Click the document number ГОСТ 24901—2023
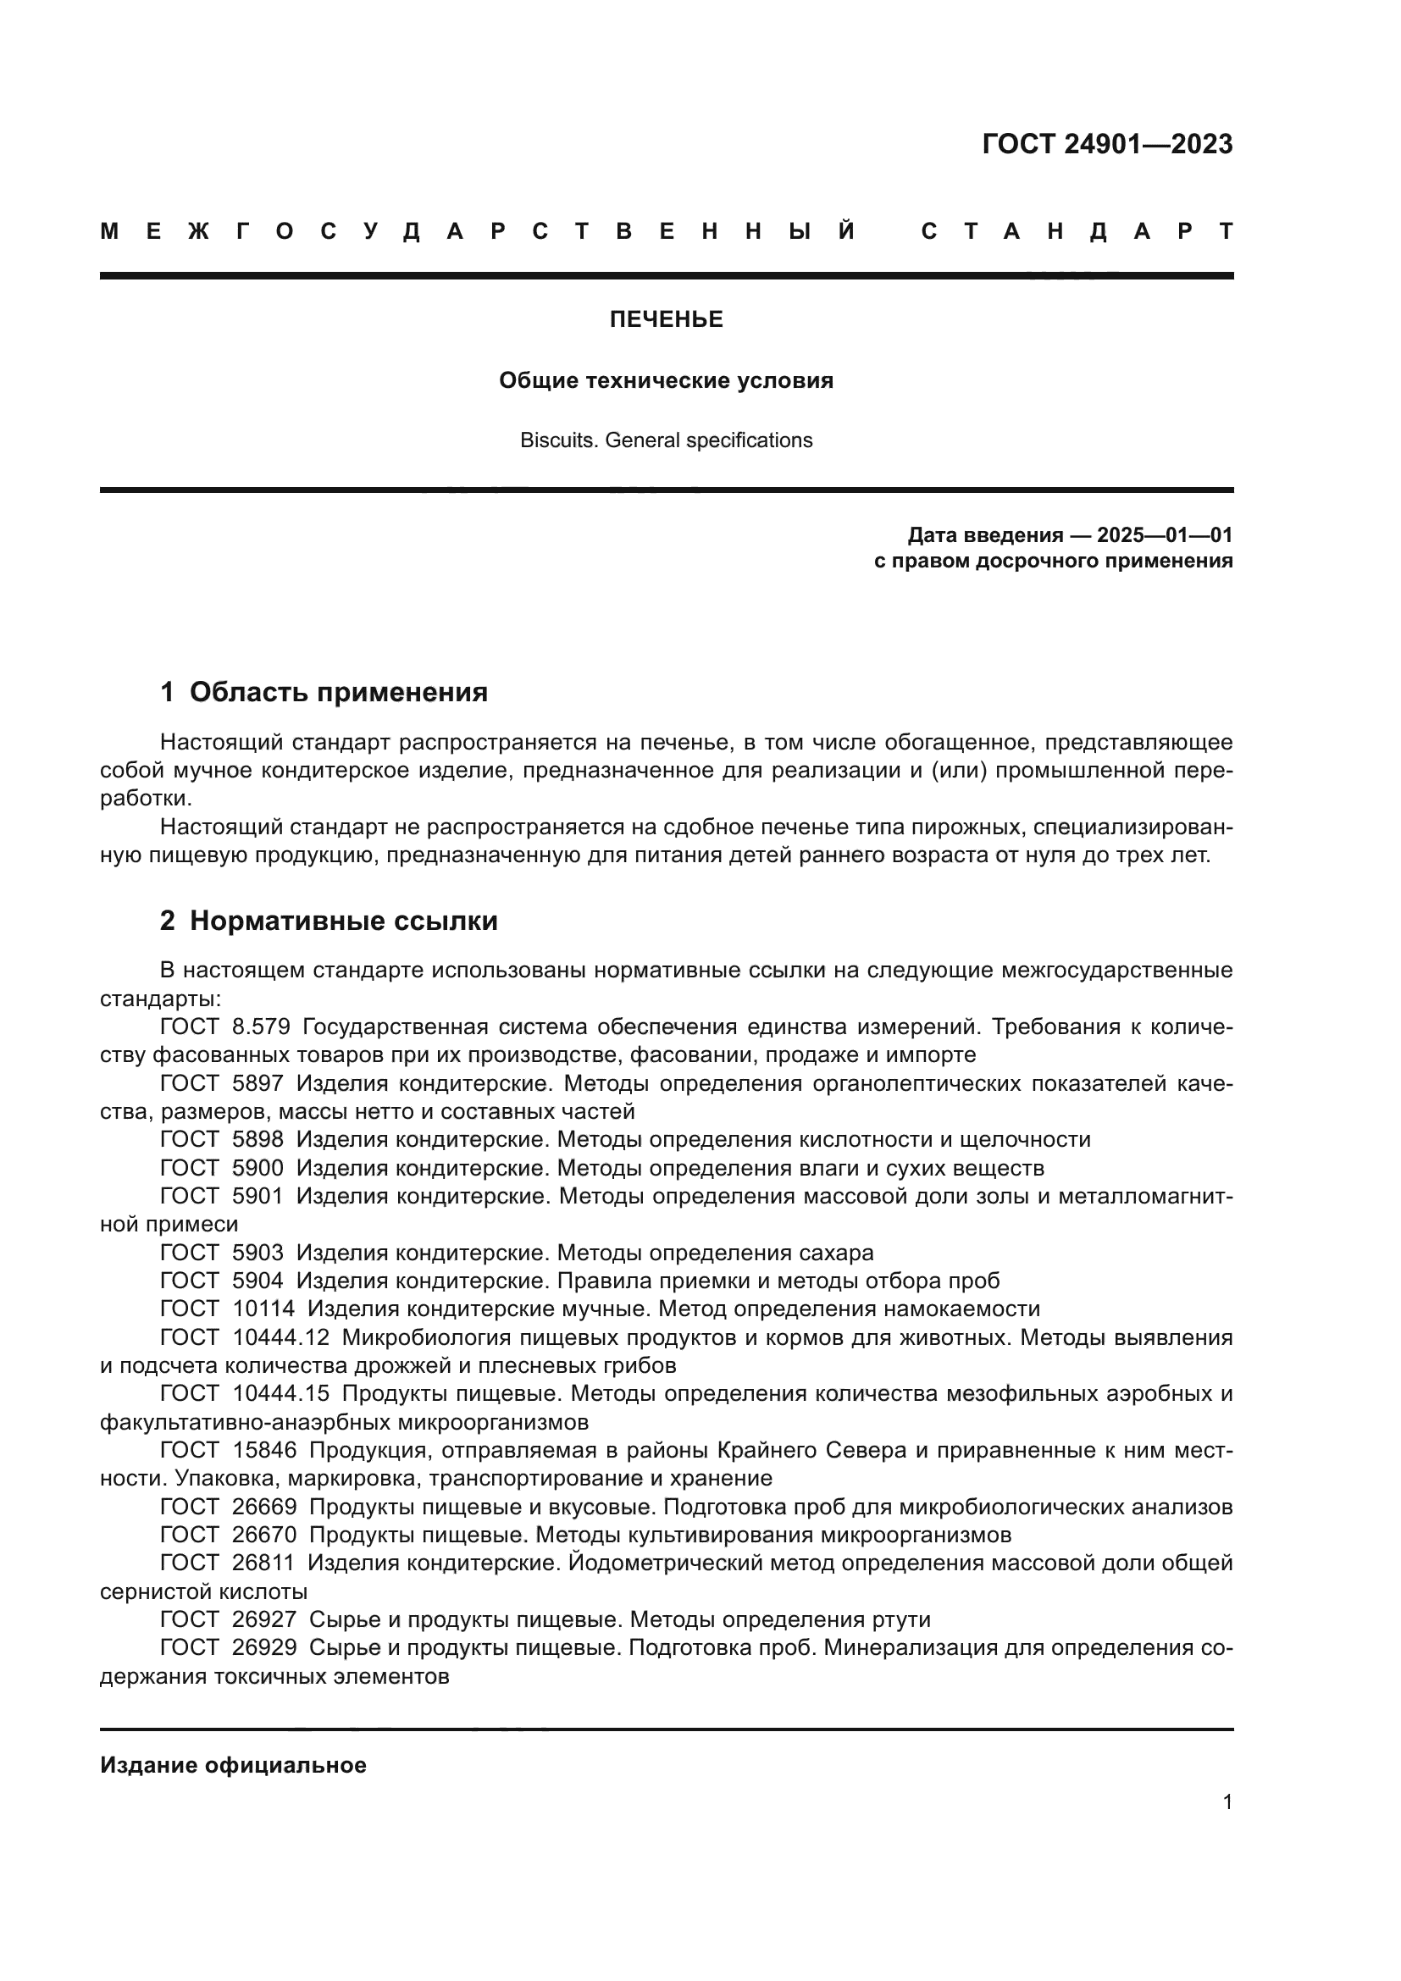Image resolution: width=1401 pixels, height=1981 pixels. (x=1107, y=144)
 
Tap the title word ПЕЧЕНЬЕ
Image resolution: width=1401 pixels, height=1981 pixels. (x=666, y=319)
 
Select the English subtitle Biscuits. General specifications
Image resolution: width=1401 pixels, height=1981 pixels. (x=666, y=440)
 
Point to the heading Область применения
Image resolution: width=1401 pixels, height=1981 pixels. (x=338, y=692)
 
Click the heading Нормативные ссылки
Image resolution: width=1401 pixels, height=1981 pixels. (x=343, y=921)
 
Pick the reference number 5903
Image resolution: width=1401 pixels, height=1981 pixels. (x=258, y=1252)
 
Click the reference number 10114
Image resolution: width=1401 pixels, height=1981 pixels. (x=263, y=1309)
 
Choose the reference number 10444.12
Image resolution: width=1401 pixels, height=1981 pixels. (x=281, y=1337)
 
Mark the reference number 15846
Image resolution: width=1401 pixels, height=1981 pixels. (x=264, y=1450)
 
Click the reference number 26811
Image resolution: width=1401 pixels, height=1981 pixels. (x=263, y=1563)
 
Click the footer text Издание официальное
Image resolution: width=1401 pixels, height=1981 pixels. (x=233, y=1765)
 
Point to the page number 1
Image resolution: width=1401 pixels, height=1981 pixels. (x=1227, y=1801)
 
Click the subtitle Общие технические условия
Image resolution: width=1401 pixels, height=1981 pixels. (x=666, y=380)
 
